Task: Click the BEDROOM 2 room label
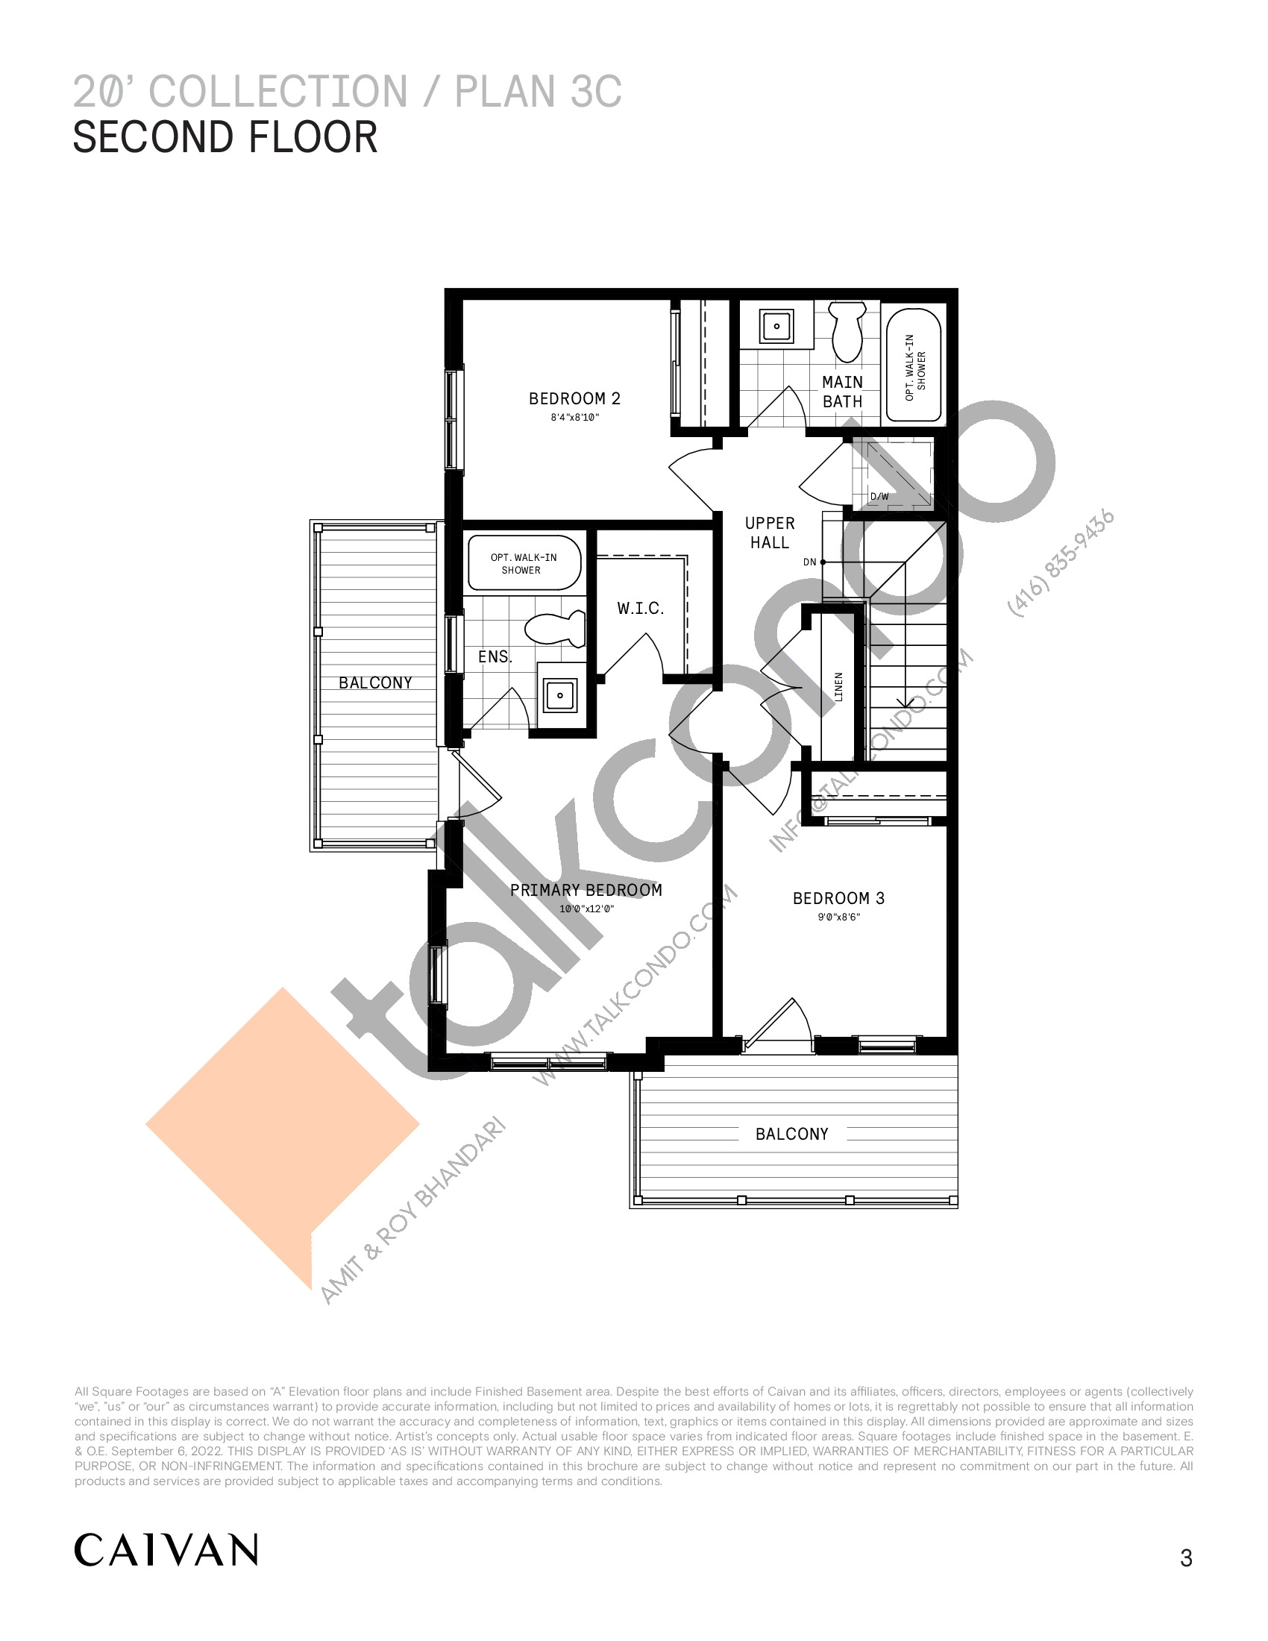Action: click(574, 399)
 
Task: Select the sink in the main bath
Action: click(776, 326)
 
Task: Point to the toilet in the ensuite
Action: click(554, 628)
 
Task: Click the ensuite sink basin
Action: click(560, 695)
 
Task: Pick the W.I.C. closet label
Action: click(641, 609)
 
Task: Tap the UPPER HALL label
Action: click(770, 533)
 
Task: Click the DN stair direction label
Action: click(809, 562)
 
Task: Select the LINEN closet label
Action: click(838, 687)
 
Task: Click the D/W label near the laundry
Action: click(879, 497)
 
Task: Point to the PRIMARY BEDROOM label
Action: click(586, 891)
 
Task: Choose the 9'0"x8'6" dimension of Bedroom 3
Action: click(838, 917)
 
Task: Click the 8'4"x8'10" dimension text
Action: click(574, 418)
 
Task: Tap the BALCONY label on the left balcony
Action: click(376, 683)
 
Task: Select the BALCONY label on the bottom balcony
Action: click(791, 1134)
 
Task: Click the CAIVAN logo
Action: click(166, 1550)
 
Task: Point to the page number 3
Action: click(1186, 1558)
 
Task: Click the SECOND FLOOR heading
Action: click(225, 137)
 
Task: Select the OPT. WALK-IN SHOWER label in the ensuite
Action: click(524, 563)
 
